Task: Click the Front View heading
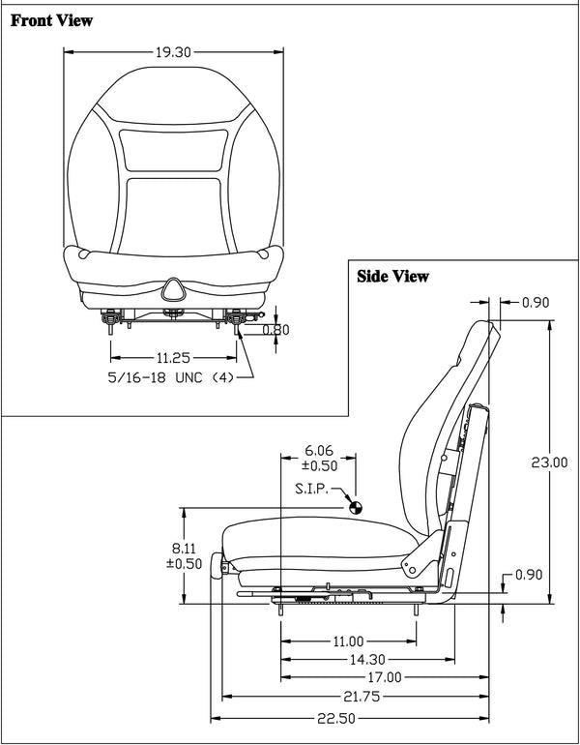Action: pyautogui.click(x=52, y=20)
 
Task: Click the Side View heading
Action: pyautogui.click(x=392, y=276)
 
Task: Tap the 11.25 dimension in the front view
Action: pyautogui.click(x=173, y=356)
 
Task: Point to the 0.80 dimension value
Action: pyautogui.click(x=276, y=329)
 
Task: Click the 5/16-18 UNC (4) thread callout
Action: pyautogui.click(x=170, y=377)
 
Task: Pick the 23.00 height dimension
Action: pyautogui.click(x=550, y=462)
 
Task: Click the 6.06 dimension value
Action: pyautogui.click(x=319, y=450)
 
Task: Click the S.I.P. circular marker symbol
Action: pyautogui.click(x=356, y=505)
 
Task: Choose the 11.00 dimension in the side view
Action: pyautogui.click(x=348, y=641)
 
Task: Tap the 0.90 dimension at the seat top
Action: pyautogui.click(x=535, y=303)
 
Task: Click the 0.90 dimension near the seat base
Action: pyautogui.click(x=535, y=575)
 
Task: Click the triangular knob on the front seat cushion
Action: pyautogui.click(x=173, y=287)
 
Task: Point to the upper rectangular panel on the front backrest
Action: pyautogui.click(x=174, y=150)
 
